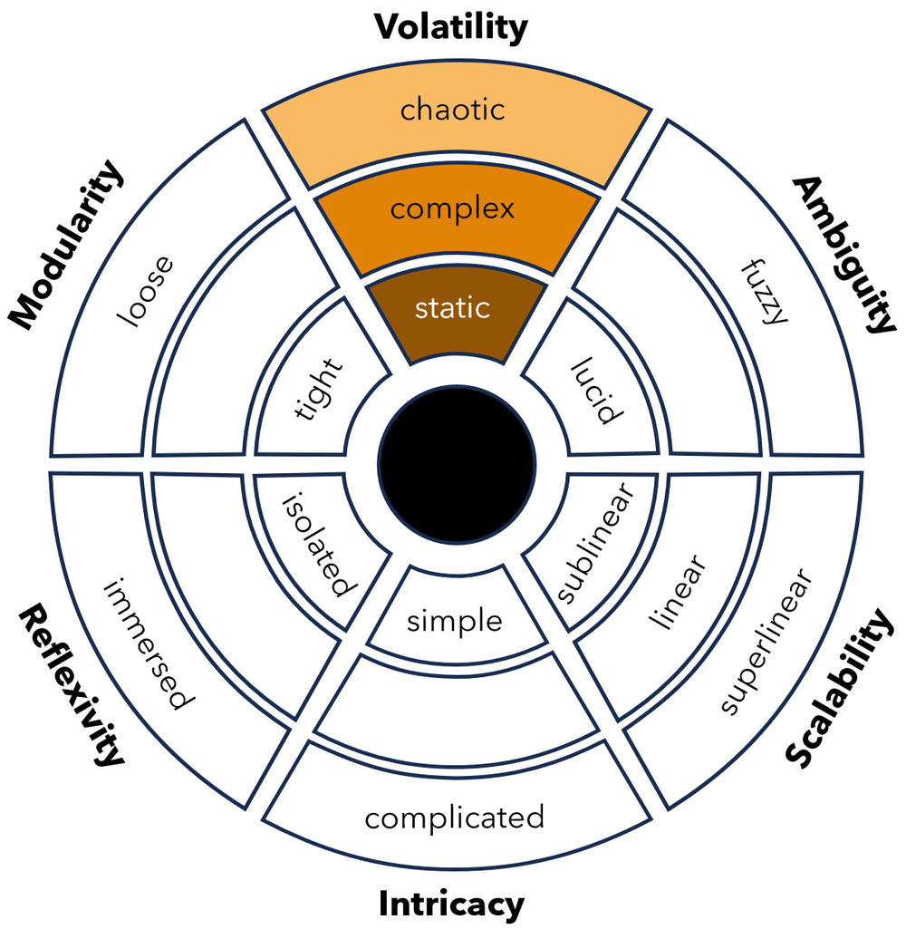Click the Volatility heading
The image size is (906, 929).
click(x=451, y=27)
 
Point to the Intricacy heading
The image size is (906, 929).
click(x=451, y=904)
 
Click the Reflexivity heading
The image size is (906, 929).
click(x=71, y=686)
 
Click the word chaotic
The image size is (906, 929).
click(x=452, y=111)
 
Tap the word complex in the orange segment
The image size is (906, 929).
click(x=452, y=209)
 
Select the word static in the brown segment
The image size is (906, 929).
click(x=452, y=308)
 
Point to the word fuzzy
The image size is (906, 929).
click(x=763, y=292)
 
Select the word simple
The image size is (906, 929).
click(x=455, y=621)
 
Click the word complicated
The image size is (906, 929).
click(x=455, y=818)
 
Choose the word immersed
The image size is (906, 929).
click(x=149, y=643)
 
